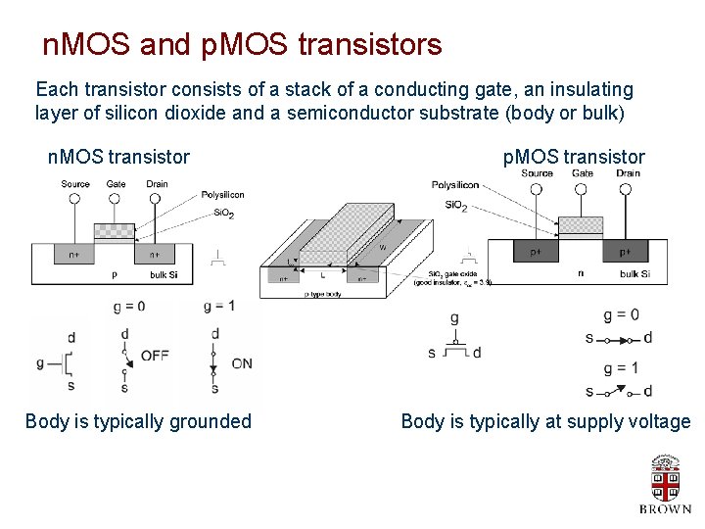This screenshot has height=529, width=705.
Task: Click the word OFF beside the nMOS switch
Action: [x=155, y=356]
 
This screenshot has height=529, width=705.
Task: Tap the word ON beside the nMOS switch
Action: [x=241, y=363]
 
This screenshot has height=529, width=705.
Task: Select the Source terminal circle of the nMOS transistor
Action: [x=75, y=197]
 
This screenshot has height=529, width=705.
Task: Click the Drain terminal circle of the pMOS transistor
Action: [x=629, y=187]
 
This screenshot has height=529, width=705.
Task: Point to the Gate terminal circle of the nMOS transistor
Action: [x=115, y=197]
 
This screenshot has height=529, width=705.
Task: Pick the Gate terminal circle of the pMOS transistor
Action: [x=583, y=187]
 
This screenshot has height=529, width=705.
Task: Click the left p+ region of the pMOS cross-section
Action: [x=537, y=252]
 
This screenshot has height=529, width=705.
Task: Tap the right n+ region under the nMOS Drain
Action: [x=155, y=254]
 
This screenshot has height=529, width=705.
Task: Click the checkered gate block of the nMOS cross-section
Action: [x=115, y=231]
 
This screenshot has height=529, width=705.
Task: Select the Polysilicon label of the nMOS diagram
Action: [x=221, y=195]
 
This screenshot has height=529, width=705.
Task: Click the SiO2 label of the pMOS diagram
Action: [x=455, y=206]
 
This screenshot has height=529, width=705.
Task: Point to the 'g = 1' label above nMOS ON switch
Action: [x=219, y=307]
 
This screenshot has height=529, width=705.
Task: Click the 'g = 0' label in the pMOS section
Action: [x=621, y=314]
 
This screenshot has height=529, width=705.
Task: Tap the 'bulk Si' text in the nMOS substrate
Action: [x=164, y=275]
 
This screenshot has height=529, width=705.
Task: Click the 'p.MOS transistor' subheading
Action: [x=574, y=157]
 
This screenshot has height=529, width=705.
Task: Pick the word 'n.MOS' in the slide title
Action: [x=88, y=44]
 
